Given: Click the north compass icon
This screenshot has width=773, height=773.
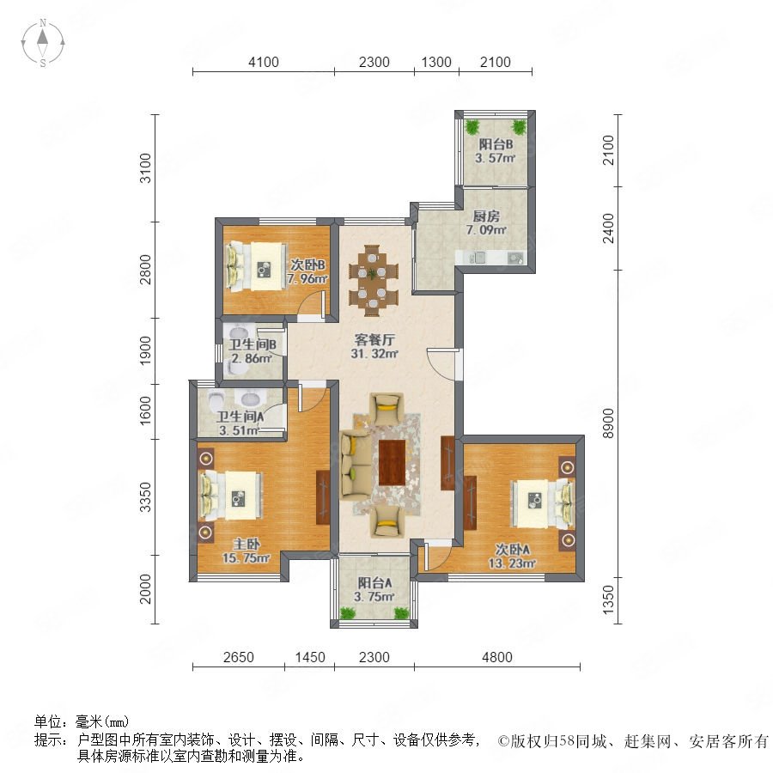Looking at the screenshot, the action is (43, 43).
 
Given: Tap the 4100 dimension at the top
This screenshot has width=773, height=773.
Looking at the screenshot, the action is (264, 62).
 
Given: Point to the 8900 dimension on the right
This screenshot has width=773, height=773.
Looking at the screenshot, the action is (609, 423).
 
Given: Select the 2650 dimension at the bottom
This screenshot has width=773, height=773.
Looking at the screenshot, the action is (238, 657).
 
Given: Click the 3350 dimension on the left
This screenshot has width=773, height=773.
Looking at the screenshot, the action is (145, 497).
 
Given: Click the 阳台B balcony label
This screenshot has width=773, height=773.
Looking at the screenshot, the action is (496, 144).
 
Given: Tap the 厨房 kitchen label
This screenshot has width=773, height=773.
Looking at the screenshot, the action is (486, 216).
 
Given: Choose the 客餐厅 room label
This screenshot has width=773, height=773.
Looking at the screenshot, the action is (374, 339).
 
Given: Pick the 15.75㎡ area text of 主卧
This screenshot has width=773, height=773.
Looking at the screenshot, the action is (246, 558).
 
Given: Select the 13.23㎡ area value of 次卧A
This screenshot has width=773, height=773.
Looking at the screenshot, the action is (512, 563).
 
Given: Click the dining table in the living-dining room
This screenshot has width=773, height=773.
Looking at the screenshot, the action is (374, 280).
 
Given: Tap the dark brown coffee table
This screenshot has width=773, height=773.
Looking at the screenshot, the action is (392, 463).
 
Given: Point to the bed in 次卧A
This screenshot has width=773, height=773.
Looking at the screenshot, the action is (542, 501).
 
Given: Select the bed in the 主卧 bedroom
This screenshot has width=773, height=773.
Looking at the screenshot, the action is (229, 496).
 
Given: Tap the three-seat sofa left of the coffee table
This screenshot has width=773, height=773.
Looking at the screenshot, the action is (355, 463).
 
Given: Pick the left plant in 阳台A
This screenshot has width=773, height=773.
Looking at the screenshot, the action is (348, 612).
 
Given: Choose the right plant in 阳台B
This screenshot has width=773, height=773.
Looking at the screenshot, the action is (519, 127).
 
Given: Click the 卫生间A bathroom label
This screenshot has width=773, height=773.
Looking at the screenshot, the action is (240, 417).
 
